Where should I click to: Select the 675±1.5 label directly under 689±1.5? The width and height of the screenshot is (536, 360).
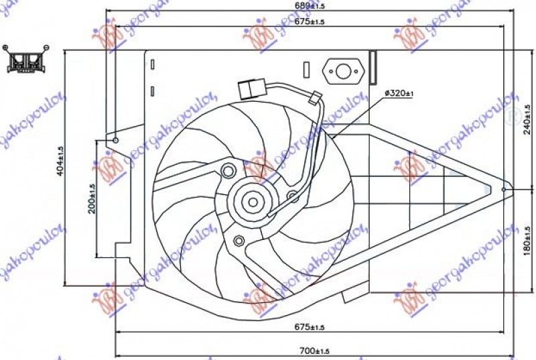point(308,22)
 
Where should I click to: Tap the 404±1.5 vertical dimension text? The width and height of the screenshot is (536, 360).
point(60,162)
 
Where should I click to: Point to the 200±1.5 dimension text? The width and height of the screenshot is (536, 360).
point(92,198)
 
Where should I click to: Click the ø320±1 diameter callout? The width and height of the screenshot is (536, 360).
point(399,94)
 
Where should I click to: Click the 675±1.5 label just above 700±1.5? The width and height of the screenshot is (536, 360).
point(308,327)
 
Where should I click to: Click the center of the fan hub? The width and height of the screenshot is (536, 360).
point(253,200)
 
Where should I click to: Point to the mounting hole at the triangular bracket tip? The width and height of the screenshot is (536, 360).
point(504,190)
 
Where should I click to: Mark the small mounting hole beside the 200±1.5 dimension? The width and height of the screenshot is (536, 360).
point(115,140)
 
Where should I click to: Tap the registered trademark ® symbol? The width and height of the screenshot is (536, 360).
point(515,115)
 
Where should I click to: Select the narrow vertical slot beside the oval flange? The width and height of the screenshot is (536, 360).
point(306,70)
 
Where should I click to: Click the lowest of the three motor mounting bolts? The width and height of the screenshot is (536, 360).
point(239,240)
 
